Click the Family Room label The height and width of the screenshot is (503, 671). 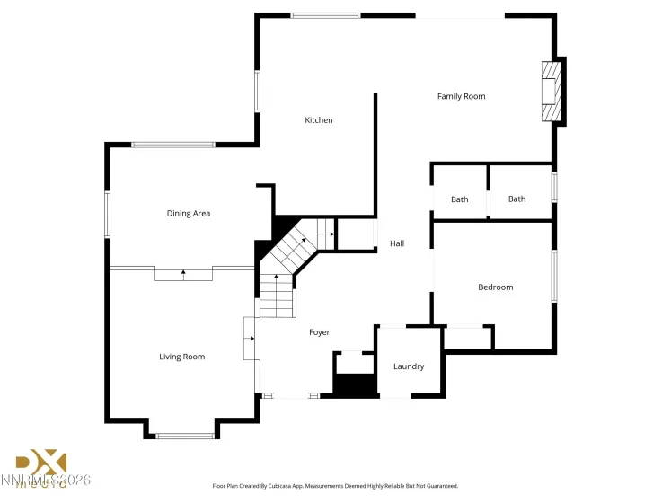pyautogui.click(x=461, y=96)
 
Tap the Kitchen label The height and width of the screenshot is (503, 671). pyautogui.click(x=319, y=120)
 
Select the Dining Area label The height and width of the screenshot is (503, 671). pyautogui.click(x=189, y=214)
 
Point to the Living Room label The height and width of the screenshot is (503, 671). pyautogui.click(x=182, y=357)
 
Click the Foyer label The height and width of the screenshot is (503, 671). pyautogui.click(x=319, y=332)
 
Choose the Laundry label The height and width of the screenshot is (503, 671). pyautogui.click(x=409, y=366)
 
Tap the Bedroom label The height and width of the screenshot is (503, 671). pyautogui.click(x=495, y=287)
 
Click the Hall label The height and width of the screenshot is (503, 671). pyautogui.click(x=397, y=243)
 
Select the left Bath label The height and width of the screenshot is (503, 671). pyautogui.click(x=459, y=199)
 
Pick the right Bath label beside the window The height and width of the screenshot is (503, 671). pyautogui.click(x=516, y=199)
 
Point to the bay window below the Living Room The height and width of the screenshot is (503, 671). pyautogui.click(x=185, y=437)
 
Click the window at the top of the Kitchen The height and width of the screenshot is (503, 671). pyautogui.click(x=325, y=15)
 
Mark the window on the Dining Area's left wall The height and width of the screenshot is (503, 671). pyautogui.click(x=107, y=214)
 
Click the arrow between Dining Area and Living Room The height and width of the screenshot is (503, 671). pyautogui.click(x=183, y=273)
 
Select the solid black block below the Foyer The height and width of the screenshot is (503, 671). pyautogui.click(x=356, y=385)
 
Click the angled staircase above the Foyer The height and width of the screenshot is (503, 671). pyautogui.click(x=289, y=252)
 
